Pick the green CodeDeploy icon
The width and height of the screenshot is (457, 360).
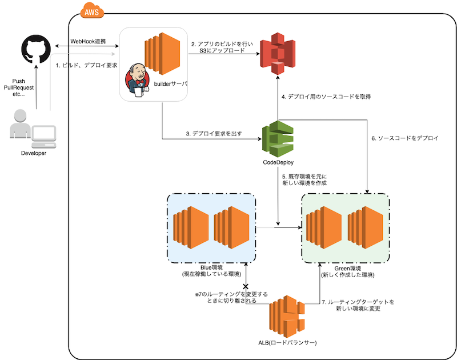click(x=278, y=139)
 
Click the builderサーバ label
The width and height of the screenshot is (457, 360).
click(x=171, y=84)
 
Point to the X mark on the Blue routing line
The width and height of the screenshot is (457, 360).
click(x=246, y=286)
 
